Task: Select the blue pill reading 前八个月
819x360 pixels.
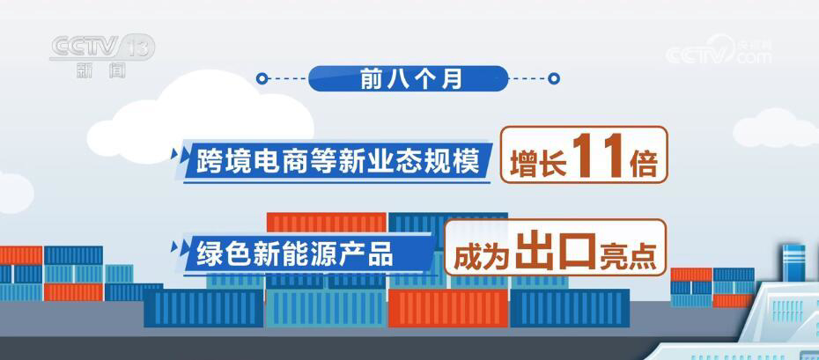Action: point(409,79)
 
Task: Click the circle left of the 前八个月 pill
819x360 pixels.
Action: point(262,79)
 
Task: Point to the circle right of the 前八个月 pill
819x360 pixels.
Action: point(554,79)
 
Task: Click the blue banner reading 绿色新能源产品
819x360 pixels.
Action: point(308,253)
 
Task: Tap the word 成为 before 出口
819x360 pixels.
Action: point(483,254)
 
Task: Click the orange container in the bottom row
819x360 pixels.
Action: point(448,308)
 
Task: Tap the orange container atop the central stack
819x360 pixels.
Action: point(327,223)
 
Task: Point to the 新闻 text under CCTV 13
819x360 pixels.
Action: point(100,71)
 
